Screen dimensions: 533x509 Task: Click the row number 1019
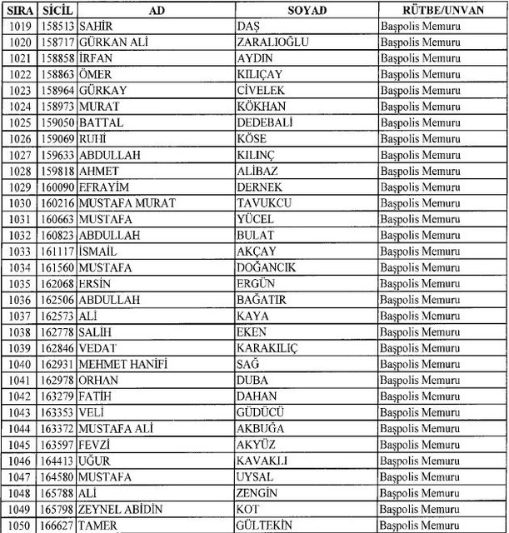(19, 27)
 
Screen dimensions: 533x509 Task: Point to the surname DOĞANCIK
(269, 266)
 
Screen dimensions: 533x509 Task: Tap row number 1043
(19, 412)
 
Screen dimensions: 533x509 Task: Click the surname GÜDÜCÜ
(262, 412)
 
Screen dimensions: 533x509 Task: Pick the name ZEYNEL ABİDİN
(121, 509)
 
